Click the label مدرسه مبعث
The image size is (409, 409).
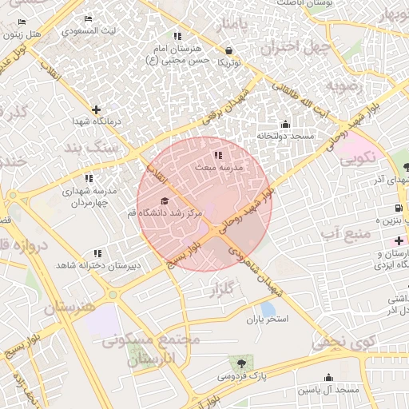pyautogui.click(x=218, y=169)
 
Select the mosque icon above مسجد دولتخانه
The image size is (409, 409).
pyautogui.click(x=285, y=124)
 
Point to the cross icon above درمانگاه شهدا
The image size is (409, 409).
pyautogui.click(x=97, y=109)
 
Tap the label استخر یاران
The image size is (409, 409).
pyautogui.click(x=266, y=320)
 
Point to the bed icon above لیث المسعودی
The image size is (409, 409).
pyautogui.click(x=88, y=19)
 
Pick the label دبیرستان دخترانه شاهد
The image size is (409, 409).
pyautogui.click(x=98, y=264)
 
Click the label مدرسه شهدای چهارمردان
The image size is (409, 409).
pyautogui.click(x=89, y=197)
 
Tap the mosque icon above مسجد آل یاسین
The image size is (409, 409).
pyautogui.click(x=328, y=378)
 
